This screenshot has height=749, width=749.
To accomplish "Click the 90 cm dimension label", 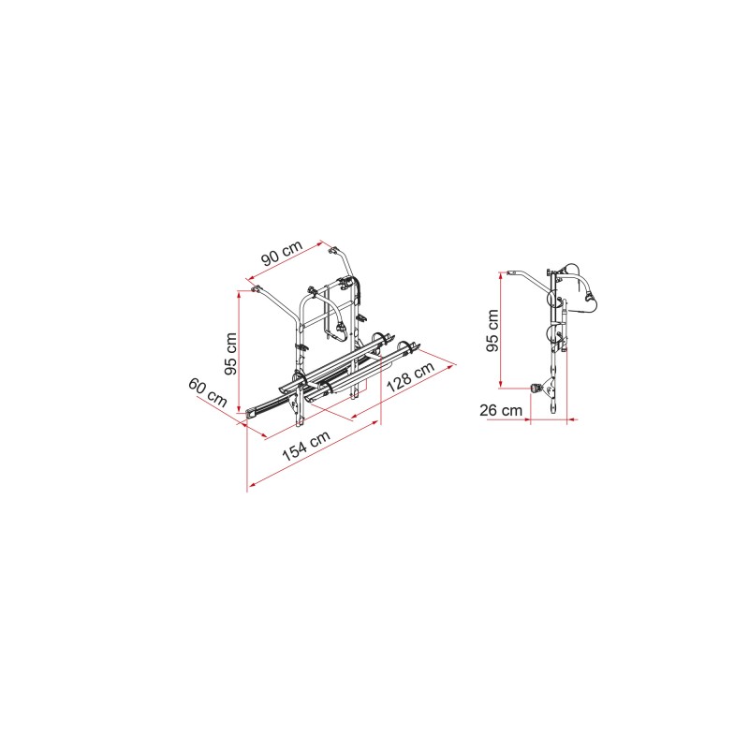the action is (282, 253).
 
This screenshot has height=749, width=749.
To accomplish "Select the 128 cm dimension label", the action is (410, 376).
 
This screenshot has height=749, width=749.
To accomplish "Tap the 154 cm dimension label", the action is (306, 447).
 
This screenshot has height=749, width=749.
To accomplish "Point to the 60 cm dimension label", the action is (207, 392).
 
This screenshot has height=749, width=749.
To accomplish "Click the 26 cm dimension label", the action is (501, 410).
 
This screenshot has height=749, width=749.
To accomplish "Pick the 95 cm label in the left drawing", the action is (230, 354).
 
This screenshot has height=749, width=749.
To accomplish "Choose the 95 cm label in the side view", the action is (492, 330).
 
